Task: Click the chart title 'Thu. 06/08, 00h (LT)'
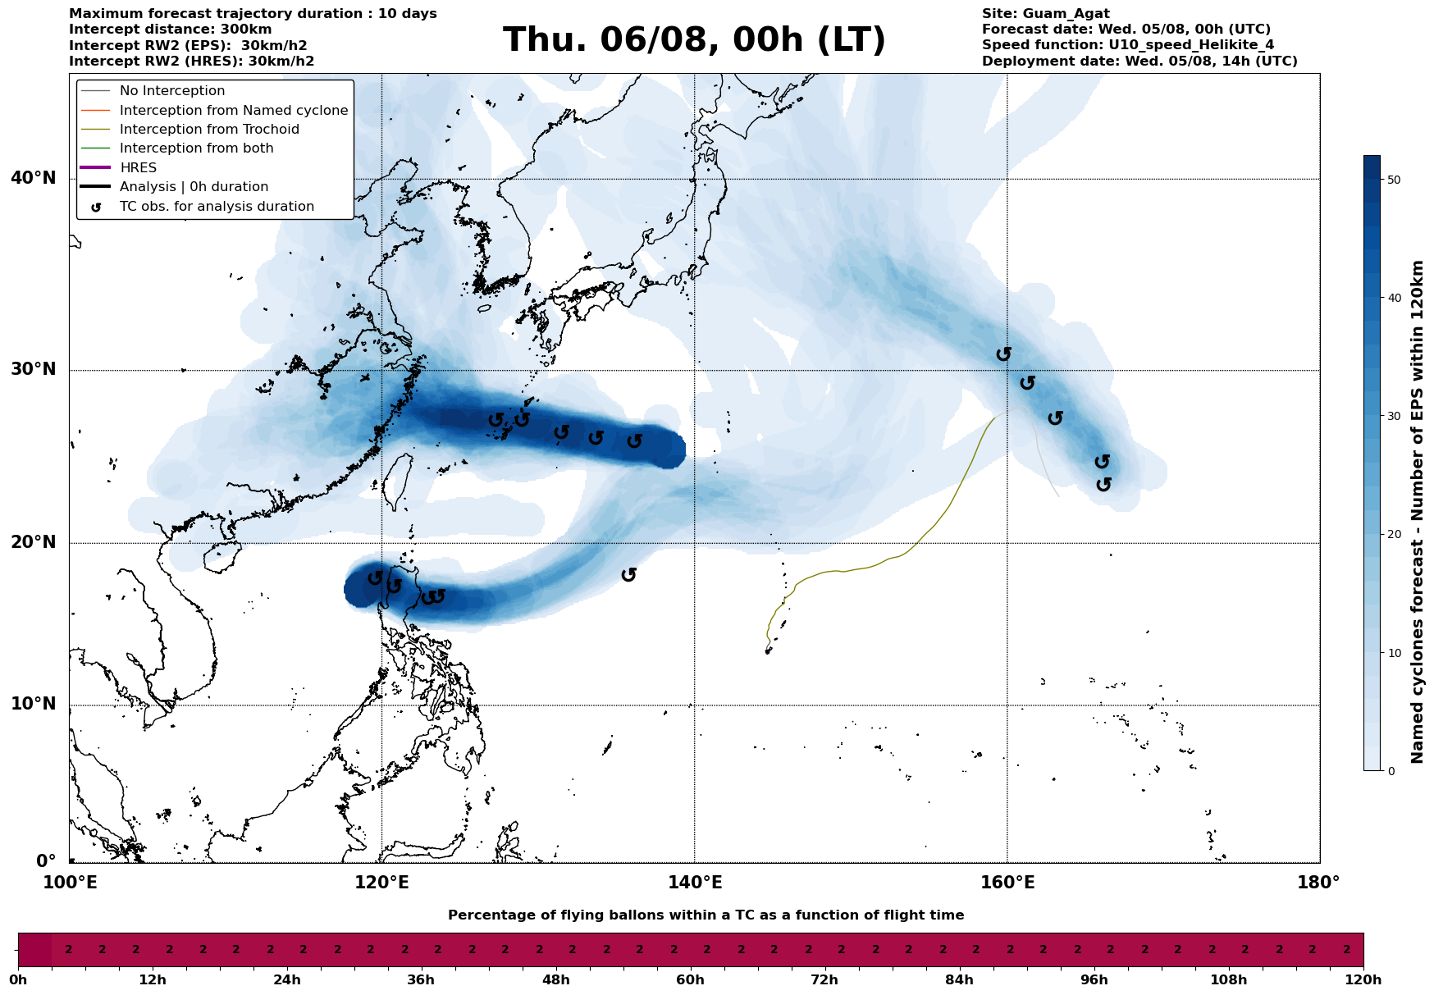694,40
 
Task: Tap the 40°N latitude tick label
34,178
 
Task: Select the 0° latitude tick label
46,861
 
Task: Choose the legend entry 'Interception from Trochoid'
209,130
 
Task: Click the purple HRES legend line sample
95,167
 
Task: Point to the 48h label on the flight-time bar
555,980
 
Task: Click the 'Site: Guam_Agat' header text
1046,14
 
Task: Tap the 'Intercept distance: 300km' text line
171,30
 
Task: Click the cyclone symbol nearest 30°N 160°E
1004,354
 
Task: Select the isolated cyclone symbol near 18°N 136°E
629,574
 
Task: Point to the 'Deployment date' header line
1139,62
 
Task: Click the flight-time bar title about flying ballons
706,915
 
